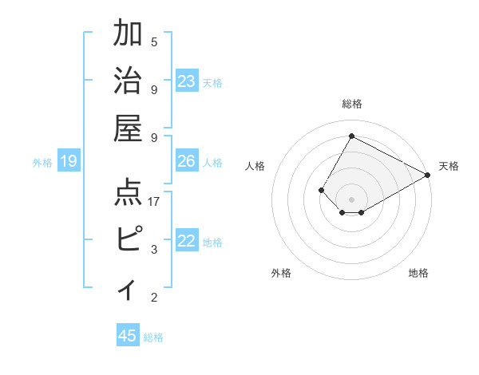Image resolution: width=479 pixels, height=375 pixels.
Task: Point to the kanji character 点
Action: pyautogui.click(x=129, y=193)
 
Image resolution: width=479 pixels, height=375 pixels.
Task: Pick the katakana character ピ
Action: pyautogui.click(x=129, y=239)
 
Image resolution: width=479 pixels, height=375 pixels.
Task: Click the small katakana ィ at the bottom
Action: pyautogui.click(x=129, y=288)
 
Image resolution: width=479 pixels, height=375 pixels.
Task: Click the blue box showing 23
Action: pyautogui.click(x=187, y=81)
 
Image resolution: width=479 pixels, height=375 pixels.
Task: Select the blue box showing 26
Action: pyautogui.click(x=187, y=161)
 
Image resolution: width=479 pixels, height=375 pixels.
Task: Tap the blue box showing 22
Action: pyautogui.click(x=187, y=241)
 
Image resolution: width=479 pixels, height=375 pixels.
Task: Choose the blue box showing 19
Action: pyautogui.click(x=69, y=161)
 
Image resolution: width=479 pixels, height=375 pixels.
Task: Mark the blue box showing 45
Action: pyautogui.click(x=128, y=336)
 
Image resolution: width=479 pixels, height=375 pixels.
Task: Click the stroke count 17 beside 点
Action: pyautogui.click(x=154, y=201)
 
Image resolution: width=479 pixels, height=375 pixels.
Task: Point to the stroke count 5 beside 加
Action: pyautogui.click(x=154, y=41)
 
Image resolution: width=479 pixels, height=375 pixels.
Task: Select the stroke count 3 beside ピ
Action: pyautogui.click(x=154, y=250)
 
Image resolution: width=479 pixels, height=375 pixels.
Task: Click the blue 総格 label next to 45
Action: pyautogui.click(x=153, y=337)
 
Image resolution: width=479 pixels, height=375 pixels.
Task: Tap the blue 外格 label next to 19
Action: pyautogui.click(x=42, y=163)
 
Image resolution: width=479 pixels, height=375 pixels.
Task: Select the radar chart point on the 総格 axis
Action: pyautogui.click(x=351, y=136)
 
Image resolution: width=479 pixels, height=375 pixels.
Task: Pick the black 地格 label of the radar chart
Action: pyautogui.click(x=418, y=273)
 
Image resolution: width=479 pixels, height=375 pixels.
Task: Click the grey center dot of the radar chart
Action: pyautogui.click(x=351, y=198)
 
